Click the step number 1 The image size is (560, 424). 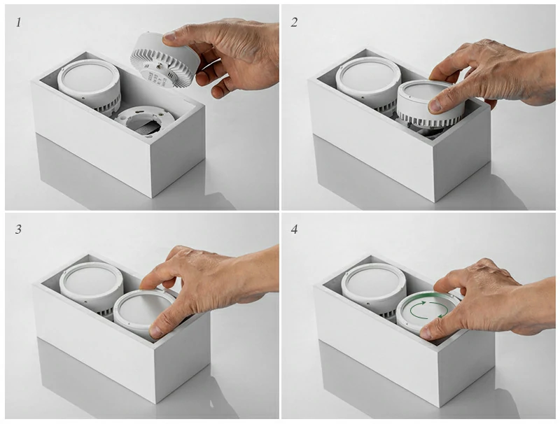18,23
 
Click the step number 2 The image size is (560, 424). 294,22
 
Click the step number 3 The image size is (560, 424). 18,229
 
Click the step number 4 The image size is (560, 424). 294,229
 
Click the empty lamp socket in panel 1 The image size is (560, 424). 146,120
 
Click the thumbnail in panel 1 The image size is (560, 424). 170,36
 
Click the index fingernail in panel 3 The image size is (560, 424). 156,332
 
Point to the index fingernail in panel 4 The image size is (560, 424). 426,333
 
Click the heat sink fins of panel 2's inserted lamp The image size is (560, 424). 430,120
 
